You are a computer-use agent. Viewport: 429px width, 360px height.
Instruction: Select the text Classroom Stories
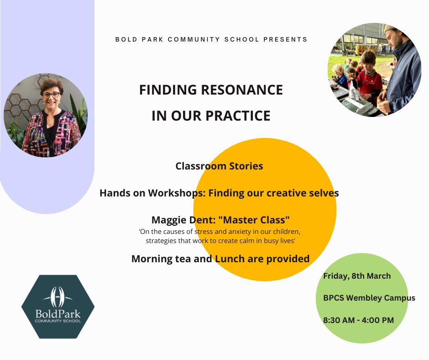point(219,166)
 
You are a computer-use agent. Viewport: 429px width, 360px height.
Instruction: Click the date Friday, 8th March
point(357,276)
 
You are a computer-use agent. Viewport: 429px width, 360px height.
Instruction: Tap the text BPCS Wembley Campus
point(369,298)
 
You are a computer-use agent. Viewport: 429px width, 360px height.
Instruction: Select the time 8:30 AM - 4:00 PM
point(358,320)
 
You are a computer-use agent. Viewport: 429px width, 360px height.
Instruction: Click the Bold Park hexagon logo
point(58,307)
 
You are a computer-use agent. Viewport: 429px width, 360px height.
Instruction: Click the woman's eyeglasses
point(51,95)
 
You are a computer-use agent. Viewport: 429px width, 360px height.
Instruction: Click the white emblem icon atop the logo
point(58,297)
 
